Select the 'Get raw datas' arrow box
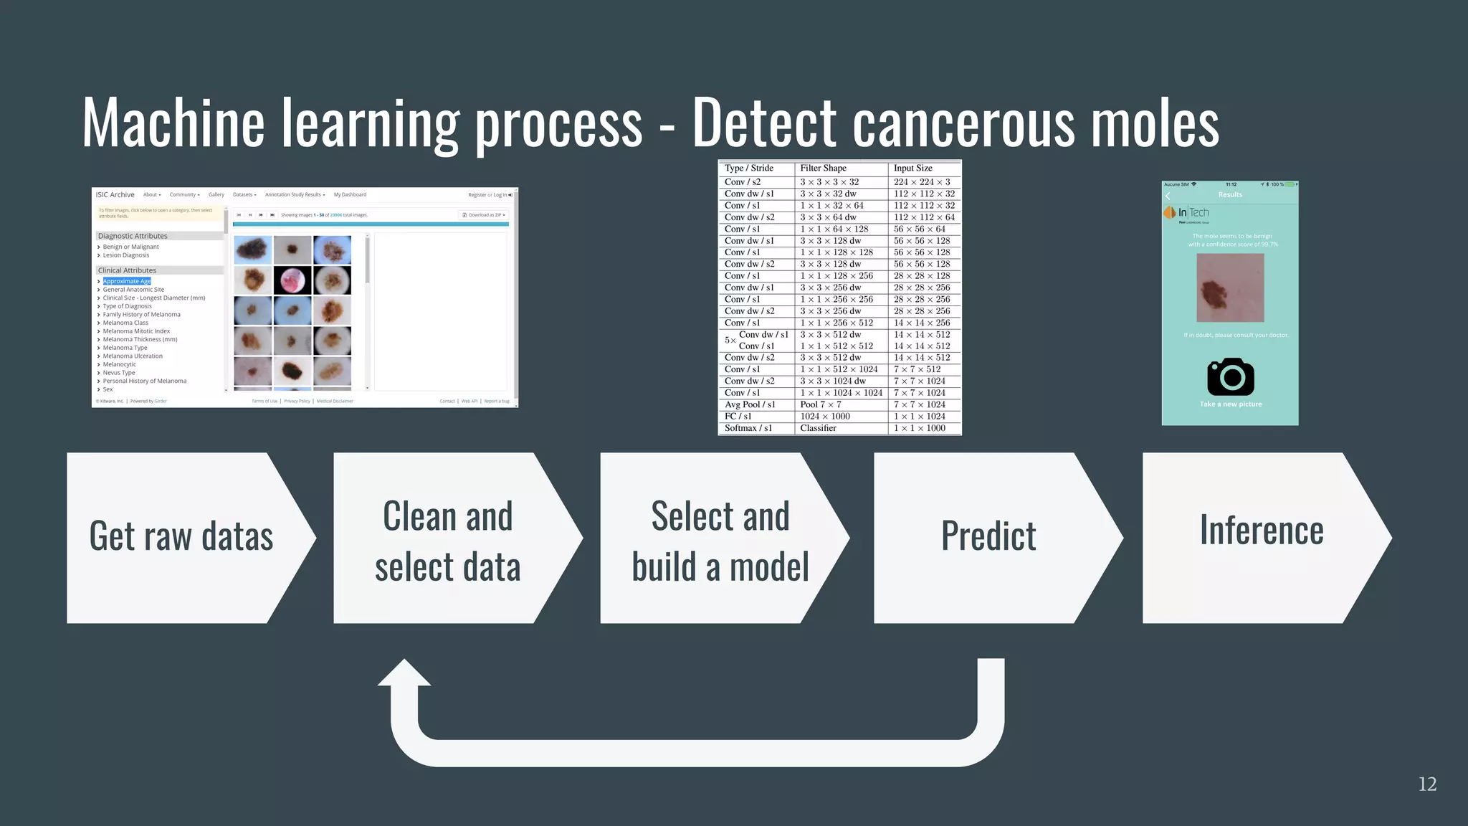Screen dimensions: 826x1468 coord(181,537)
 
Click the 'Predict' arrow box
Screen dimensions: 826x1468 coord(988,537)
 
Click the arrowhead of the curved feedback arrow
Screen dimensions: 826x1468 coord(404,674)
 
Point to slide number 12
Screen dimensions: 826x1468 coord(1427,784)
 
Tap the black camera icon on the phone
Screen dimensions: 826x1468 coord(1230,376)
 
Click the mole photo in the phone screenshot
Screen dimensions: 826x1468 coord(1230,288)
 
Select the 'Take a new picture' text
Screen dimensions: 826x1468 coord(1230,404)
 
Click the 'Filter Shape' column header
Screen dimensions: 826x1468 coord(823,168)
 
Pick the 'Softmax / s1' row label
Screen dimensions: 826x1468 coord(748,428)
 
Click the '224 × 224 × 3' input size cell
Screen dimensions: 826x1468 coord(921,182)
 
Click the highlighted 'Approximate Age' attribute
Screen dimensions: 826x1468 coord(127,281)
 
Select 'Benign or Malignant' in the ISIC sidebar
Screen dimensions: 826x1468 coord(130,247)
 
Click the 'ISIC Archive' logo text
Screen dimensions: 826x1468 coord(115,194)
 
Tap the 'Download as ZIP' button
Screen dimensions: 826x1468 coord(485,215)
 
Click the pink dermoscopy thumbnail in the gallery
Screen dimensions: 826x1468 coord(292,280)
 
